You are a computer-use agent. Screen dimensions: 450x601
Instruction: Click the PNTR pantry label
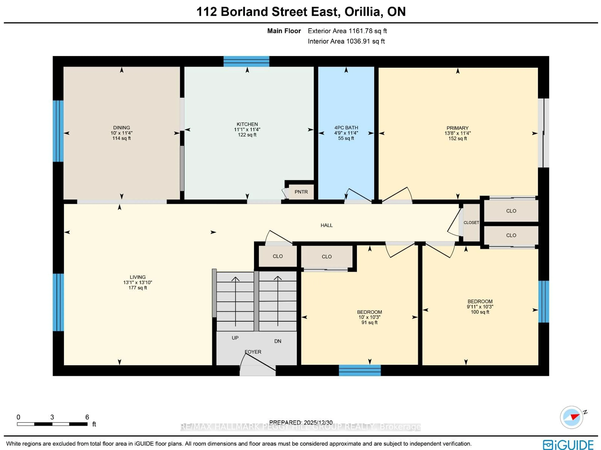[x=301, y=192]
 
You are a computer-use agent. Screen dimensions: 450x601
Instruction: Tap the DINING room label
[x=121, y=127]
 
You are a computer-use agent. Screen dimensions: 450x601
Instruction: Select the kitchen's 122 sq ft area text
[x=247, y=135]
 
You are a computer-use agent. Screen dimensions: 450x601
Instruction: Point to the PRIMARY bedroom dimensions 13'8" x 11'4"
[x=457, y=133]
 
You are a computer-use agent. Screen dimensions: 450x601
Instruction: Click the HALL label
[x=326, y=225]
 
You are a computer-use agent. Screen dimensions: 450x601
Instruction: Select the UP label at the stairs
[x=235, y=338]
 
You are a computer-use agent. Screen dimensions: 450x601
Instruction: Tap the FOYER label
[x=253, y=352]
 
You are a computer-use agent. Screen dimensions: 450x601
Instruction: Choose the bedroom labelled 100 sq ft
[x=480, y=312]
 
